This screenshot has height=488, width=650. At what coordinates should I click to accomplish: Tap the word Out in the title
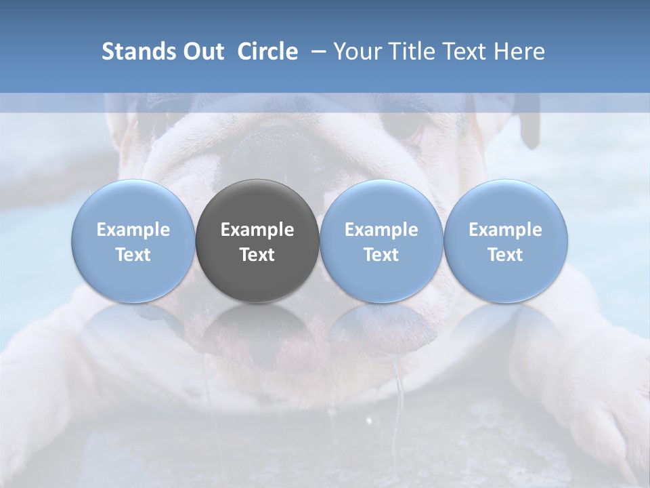[x=202, y=52]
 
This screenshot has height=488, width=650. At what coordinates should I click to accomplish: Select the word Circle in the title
[x=267, y=52]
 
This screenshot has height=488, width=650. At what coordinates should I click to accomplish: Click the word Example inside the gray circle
[x=257, y=230]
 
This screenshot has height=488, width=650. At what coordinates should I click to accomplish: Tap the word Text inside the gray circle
[x=257, y=255]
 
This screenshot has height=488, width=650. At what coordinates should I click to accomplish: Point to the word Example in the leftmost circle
[x=133, y=230]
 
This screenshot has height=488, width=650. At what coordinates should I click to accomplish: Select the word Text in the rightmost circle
[x=506, y=255]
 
